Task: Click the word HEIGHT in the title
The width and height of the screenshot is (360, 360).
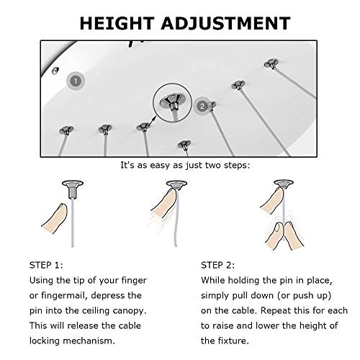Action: (117, 23)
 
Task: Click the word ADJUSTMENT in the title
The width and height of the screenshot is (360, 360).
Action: (226, 23)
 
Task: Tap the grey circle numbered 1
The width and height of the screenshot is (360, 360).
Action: (76, 81)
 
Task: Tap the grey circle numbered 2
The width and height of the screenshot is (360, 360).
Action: (202, 106)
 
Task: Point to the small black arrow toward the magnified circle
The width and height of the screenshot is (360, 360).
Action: (152, 121)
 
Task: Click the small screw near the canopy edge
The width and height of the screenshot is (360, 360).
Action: (55, 70)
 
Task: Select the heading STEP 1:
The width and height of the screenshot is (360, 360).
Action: (46, 265)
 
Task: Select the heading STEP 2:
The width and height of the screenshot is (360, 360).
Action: (218, 265)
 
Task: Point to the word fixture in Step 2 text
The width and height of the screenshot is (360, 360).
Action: (233, 341)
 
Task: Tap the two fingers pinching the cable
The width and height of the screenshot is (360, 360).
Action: (284, 235)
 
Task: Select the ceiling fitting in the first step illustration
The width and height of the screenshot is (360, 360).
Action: (73, 189)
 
